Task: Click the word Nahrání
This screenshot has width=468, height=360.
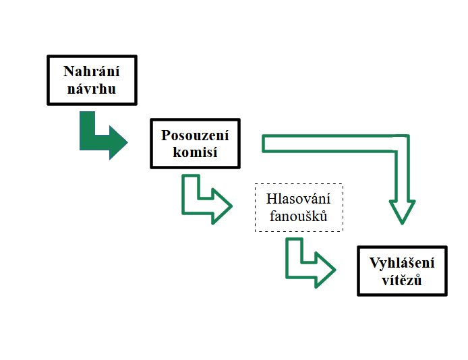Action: tap(92, 71)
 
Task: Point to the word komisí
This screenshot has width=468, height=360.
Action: tap(194, 152)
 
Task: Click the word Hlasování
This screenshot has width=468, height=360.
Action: tap(299, 200)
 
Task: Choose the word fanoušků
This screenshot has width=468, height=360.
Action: tap(299, 216)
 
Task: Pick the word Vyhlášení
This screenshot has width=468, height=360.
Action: tap(402, 264)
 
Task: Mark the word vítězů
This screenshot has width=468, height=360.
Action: tap(402, 280)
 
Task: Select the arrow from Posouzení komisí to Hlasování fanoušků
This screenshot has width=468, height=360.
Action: tap(202, 200)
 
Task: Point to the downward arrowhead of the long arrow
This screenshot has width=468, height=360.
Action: tap(403, 210)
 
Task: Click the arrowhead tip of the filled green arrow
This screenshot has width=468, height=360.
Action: tap(126, 142)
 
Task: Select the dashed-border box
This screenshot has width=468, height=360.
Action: tap(299, 208)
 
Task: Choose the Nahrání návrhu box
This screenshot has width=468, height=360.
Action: tap(92, 80)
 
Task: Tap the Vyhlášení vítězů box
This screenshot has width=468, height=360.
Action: tap(402, 272)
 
